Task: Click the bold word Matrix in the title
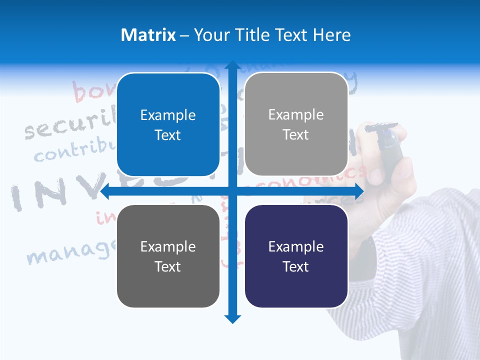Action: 148,35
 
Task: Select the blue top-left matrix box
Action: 168,125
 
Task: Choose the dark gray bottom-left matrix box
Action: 168,256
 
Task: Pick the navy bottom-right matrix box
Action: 296,256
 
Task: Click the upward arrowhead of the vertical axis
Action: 232,65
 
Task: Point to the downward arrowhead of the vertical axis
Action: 232,319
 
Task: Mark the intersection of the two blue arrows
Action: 232,191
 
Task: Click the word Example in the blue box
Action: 168,115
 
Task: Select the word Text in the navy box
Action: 296,266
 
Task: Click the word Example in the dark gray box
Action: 168,247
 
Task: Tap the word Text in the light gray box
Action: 296,135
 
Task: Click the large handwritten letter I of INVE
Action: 17,197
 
